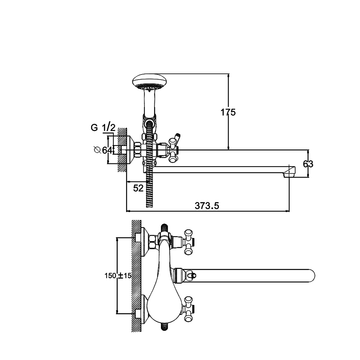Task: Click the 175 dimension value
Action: pyautogui.click(x=228, y=112)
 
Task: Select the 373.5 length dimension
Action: pyautogui.click(x=207, y=206)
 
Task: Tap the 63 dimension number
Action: pyautogui.click(x=308, y=164)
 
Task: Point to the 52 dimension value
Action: pyautogui.click(x=138, y=188)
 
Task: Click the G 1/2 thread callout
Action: pyautogui.click(x=103, y=127)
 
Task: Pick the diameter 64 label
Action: pyautogui.click(x=103, y=150)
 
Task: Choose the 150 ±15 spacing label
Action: pyautogui.click(x=118, y=275)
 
